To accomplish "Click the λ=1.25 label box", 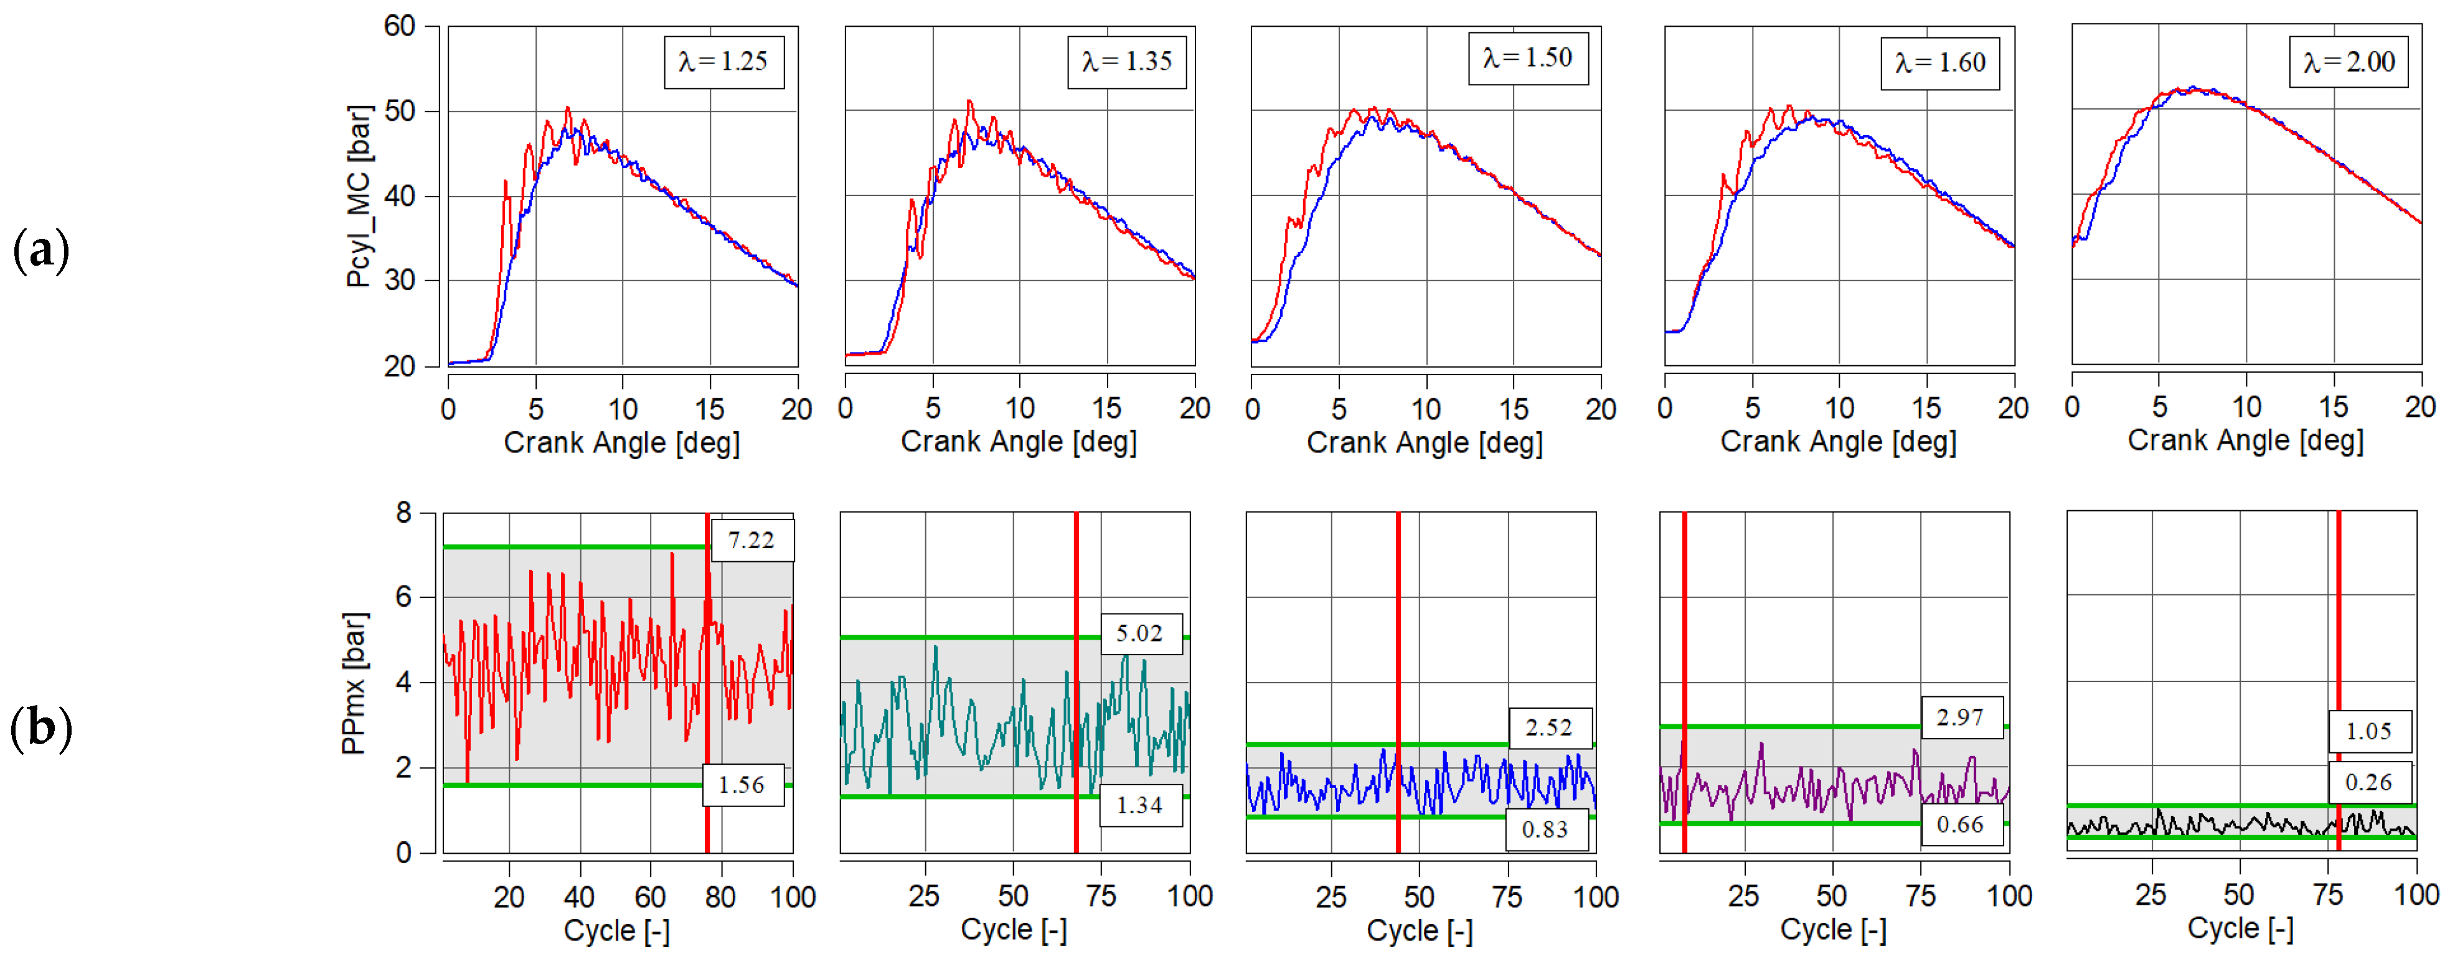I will (x=723, y=62).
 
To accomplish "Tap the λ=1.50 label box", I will (x=1527, y=58).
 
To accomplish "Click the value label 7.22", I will (x=751, y=540).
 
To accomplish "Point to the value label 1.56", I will (x=742, y=784).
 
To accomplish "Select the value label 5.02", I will (x=1139, y=633).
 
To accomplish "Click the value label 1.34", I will (x=1139, y=805).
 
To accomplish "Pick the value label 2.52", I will (x=1549, y=727).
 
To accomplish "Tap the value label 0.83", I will (x=1545, y=829).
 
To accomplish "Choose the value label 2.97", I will (x=1960, y=717).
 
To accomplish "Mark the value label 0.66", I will (x=1960, y=824).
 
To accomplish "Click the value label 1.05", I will (x=2368, y=731).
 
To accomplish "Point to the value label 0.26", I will (x=2368, y=782).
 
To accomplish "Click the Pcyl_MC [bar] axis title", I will (x=359, y=197).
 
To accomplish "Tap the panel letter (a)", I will (x=41, y=251).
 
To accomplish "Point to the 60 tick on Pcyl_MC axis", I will (x=400, y=26).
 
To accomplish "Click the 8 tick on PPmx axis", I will (x=404, y=513).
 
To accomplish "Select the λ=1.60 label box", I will (x=1939, y=63).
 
